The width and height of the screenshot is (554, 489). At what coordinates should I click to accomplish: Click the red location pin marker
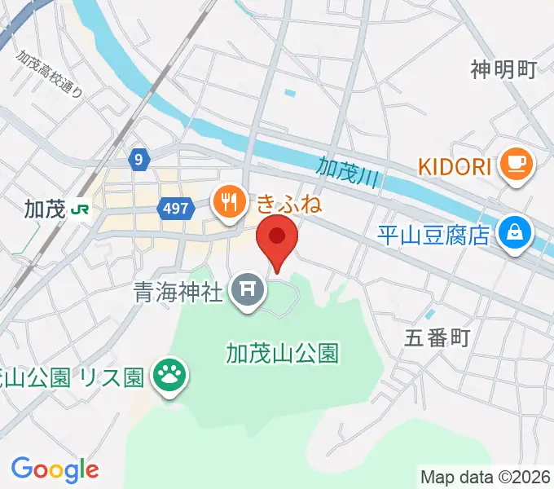click(277, 239)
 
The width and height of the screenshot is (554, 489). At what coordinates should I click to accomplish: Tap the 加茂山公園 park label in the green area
click(282, 353)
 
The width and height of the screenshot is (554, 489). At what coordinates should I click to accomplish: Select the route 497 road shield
click(174, 209)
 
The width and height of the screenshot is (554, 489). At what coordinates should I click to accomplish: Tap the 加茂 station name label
click(45, 209)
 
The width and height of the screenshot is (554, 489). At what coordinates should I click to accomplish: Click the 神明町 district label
click(503, 70)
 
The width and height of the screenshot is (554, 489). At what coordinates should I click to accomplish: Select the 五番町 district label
click(437, 338)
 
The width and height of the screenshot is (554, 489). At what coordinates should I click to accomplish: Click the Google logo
click(55, 469)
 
